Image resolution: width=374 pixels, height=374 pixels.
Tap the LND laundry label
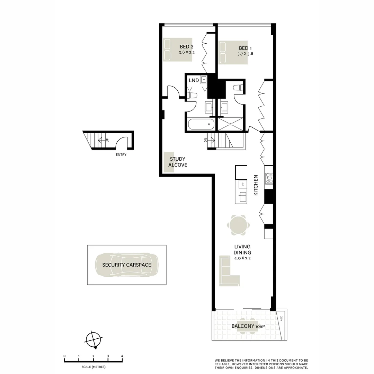[x=194, y=80]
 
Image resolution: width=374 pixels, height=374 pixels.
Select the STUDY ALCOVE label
[x=178, y=162]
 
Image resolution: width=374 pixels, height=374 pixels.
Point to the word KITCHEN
[x=256, y=185]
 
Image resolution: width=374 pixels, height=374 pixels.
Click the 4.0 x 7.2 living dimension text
[x=242, y=258]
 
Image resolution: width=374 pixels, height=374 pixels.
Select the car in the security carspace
[x=126, y=265]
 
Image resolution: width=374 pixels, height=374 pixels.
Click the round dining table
[x=238, y=225]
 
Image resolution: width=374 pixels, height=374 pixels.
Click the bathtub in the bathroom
[x=201, y=124]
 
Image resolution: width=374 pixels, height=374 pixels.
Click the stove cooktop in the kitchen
[x=269, y=178]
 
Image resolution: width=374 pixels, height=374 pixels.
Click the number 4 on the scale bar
[x=122, y=356]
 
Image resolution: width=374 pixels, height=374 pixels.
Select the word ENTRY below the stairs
[x=121, y=155]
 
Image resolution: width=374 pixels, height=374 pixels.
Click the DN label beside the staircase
[x=205, y=140]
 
